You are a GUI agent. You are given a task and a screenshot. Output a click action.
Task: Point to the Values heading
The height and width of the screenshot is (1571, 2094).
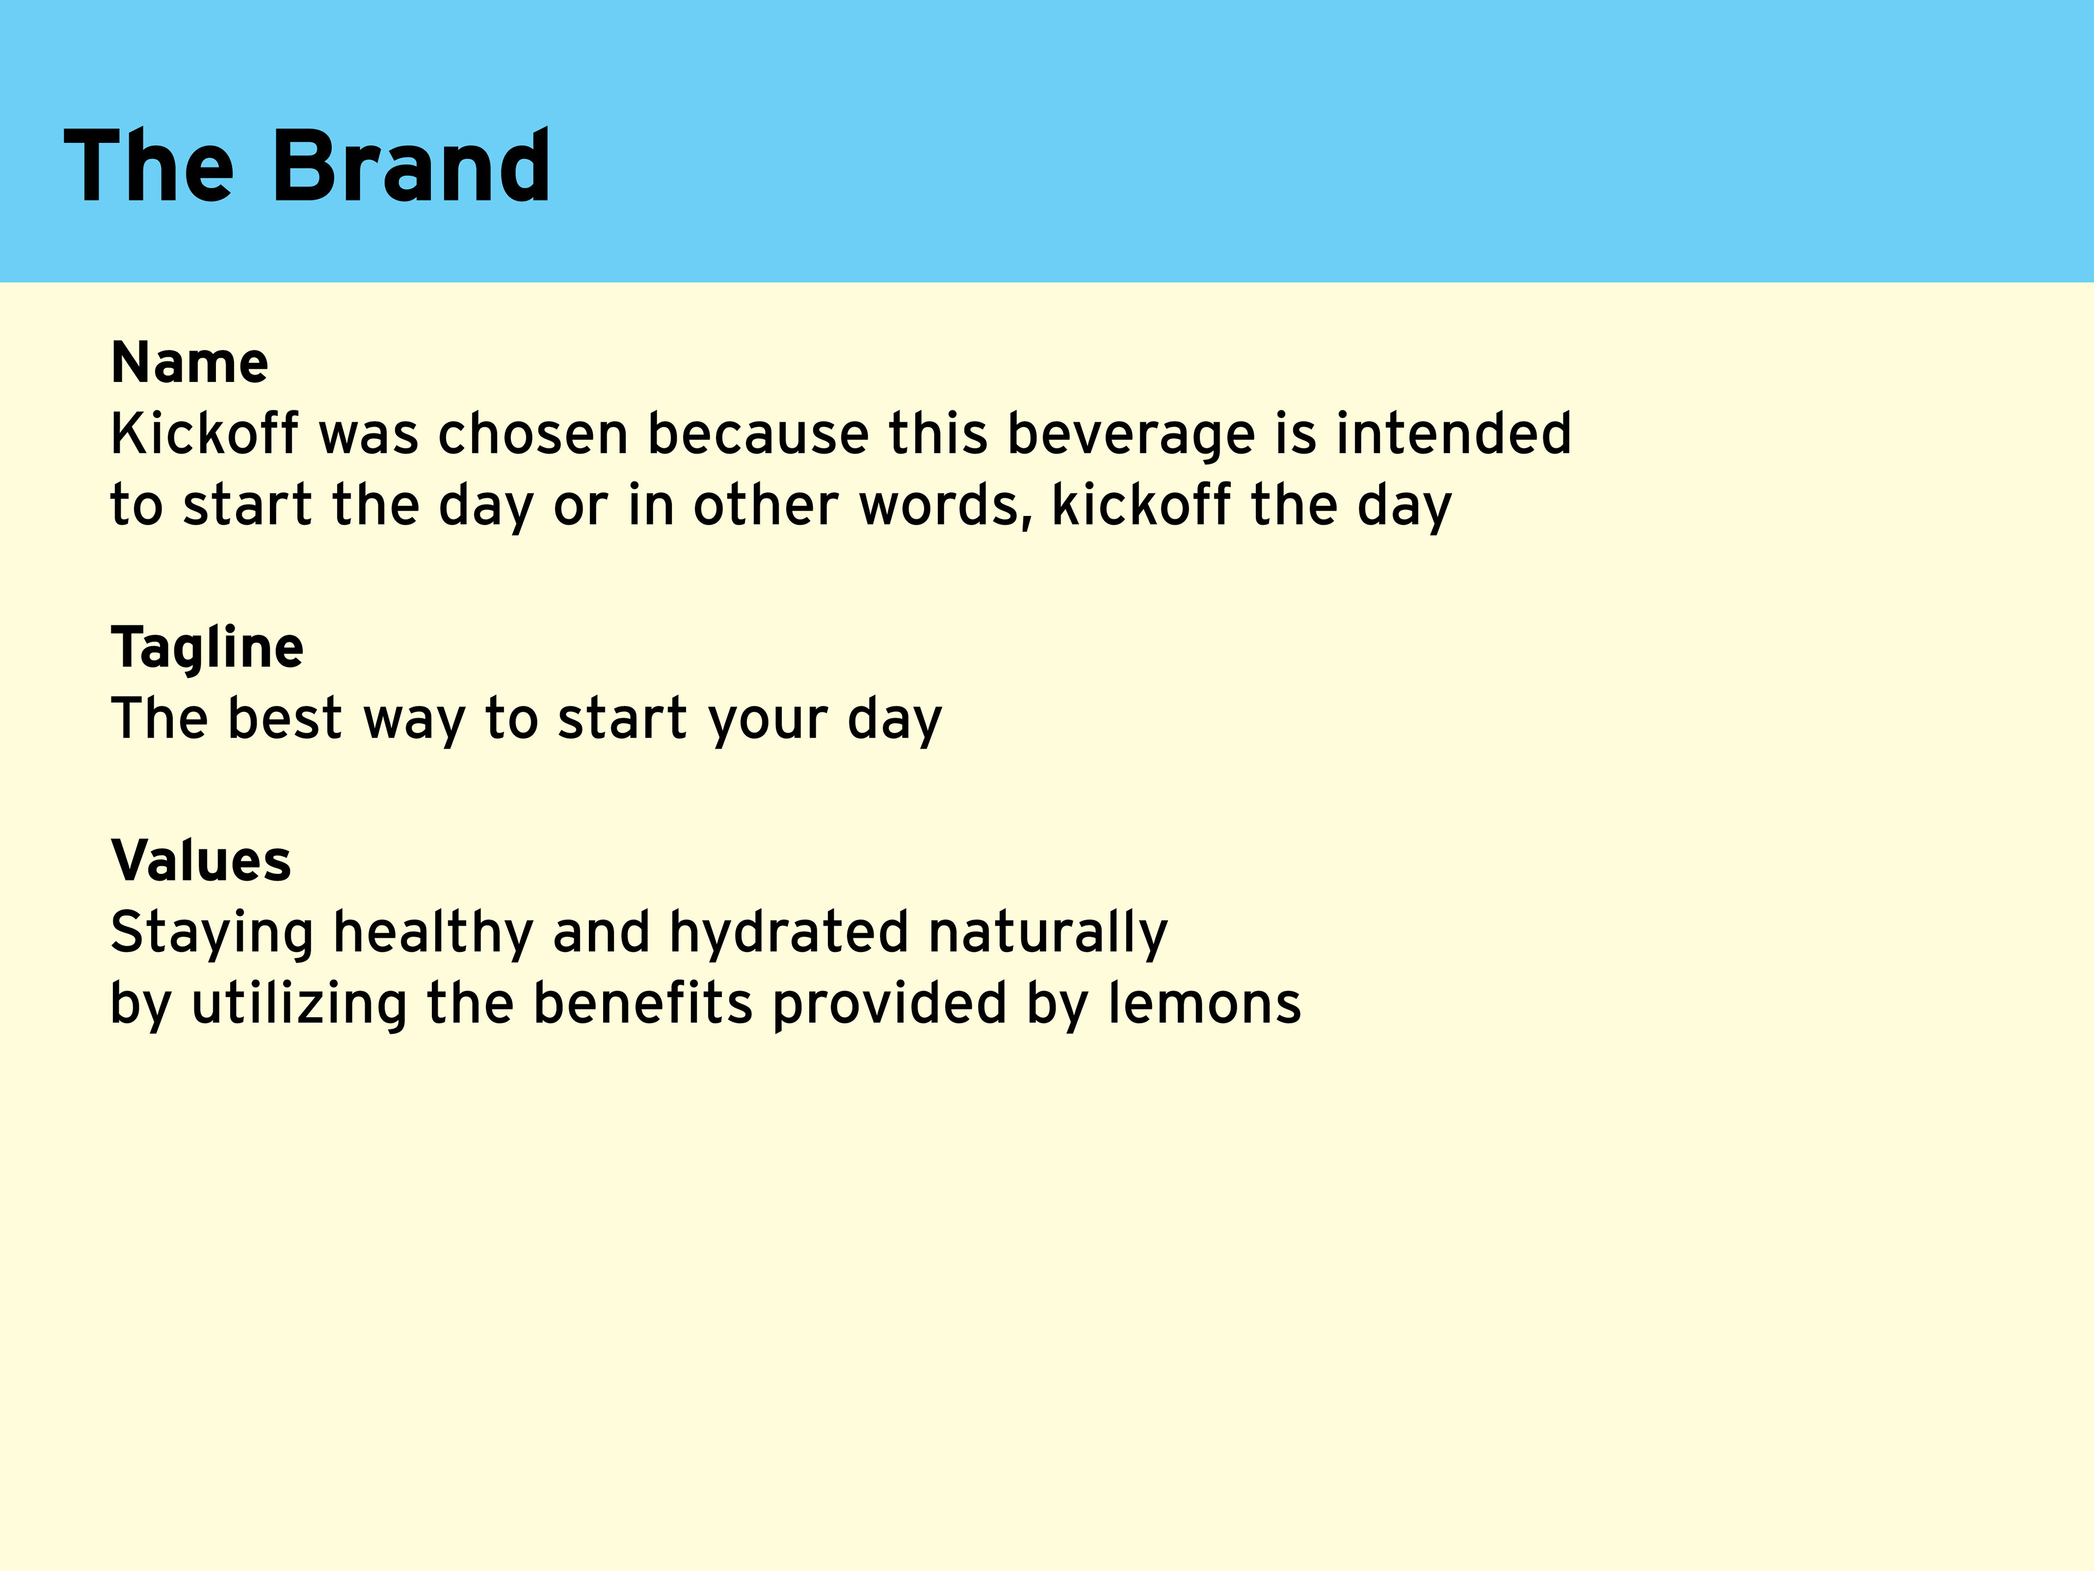(x=201, y=861)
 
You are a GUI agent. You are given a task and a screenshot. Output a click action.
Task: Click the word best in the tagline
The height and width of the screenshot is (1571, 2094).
(x=284, y=719)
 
